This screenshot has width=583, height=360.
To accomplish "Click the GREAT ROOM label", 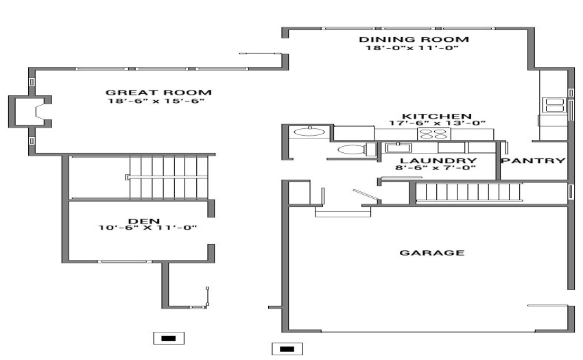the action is pos(158,93).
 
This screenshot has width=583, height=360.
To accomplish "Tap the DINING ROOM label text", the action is pos(414,39).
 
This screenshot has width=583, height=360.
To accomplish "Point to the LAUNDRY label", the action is pos(438,160).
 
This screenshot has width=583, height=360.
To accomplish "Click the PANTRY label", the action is pos(533,160).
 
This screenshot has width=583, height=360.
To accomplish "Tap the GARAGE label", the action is pos(431,252).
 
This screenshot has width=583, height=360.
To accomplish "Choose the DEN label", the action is pos(144,221).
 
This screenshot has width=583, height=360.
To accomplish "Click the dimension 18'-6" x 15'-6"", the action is pos(156,101).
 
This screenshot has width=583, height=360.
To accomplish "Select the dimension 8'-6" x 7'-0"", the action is pos(436,167).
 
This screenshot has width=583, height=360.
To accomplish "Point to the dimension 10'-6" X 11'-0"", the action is pos(147,227).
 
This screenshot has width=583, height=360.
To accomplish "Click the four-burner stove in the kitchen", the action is pos(434,134).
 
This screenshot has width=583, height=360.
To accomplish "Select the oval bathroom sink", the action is pos(309,131).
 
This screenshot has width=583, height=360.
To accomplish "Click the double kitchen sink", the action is pos(554,105).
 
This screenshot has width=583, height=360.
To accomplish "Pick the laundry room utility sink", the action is pos(398,147).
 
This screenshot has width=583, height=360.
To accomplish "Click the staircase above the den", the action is pos(169,178).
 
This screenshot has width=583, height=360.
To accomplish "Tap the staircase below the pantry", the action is pos(468,192).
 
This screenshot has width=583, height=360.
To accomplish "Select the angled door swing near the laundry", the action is pos(367,196).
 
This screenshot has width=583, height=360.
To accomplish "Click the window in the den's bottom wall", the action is pos(125,261).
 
